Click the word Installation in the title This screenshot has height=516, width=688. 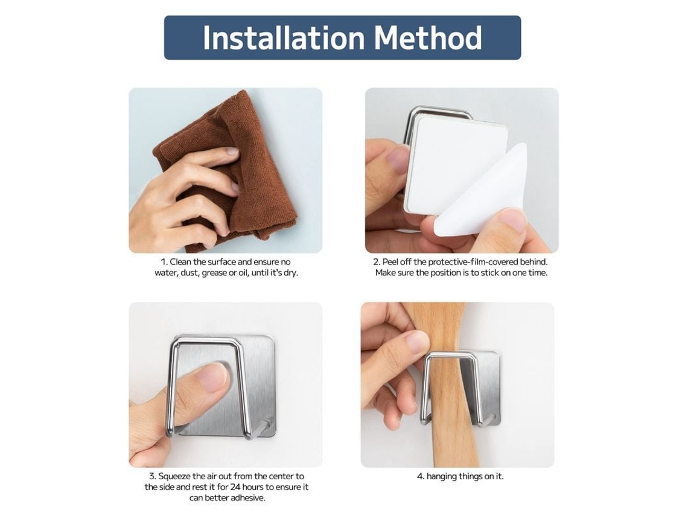coord(284,38)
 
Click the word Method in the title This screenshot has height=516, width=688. coord(428,38)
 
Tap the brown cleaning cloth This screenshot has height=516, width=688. coord(220,171)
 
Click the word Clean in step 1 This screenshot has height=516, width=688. coord(181,262)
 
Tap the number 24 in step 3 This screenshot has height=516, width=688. coord(235,487)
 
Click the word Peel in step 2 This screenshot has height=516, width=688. coord(390,262)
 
